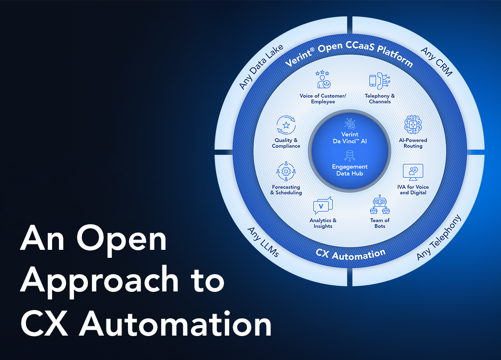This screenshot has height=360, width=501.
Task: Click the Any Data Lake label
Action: pyautogui.click(x=261, y=67)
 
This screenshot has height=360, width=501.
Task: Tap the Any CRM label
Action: pyautogui.click(x=436, y=62)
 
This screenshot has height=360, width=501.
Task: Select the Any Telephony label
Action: pyautogui.click(x=439, y=238)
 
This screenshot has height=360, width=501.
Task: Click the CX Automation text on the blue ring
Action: pyautogui.click(x=350, y=254)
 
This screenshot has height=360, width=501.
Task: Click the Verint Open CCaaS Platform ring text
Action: pyautogui.click(x=349, y=55)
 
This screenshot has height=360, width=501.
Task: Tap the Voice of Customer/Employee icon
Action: pyautogui.click(x=323, y=80)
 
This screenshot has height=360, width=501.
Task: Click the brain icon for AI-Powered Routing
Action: pyautogui.click(x=413, y=124)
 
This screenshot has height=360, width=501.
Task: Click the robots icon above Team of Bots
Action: pyautogui.click(x=379, y=205)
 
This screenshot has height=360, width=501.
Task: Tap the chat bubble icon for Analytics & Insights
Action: pyautogui.click(x=323, y=206)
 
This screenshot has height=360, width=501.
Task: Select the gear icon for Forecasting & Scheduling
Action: pyautogui.click(x=286, y=171)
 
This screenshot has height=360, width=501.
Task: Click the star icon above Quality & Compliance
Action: pyautogui.click(x=286, y=125)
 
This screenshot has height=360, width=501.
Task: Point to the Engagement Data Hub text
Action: pyautogui.click(x=350, y=170)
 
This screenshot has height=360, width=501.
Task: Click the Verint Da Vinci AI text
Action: pyautogui.click(x=350, y=138)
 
